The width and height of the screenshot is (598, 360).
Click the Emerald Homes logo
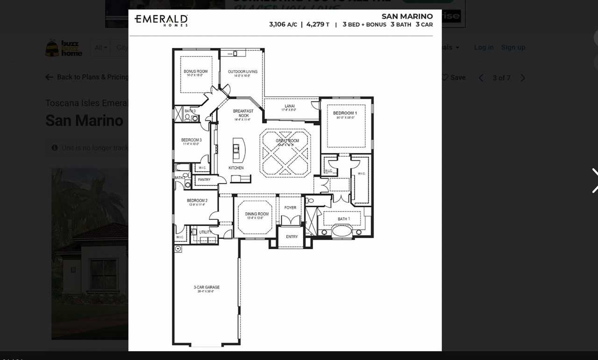click(x=161, y=20)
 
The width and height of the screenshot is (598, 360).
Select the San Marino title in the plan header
click(x=407, y=16)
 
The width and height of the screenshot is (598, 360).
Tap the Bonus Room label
click(x=196, y=72)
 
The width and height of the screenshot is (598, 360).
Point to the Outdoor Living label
click(x=242, y=72)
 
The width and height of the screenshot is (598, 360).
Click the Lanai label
click(x=290, y=106)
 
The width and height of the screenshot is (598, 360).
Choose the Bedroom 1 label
click(x=345, y=113)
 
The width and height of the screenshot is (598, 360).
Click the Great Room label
click(x=287, y=141)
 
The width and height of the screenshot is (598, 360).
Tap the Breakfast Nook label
click(x=243, y=113)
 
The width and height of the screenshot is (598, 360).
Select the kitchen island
click(x=238, y=150)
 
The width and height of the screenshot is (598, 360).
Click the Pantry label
click(x=204, y=180)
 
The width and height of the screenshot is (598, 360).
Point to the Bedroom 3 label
click(x=192, y=140)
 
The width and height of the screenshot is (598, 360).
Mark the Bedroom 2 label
click(x=197, y=201)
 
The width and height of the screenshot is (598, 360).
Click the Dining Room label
click(x=256, y=214)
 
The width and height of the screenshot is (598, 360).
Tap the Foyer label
click(x=290, y=208)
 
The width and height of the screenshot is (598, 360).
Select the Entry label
click(x=292, y=237)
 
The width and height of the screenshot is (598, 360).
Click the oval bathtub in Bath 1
click(x=342, y=231)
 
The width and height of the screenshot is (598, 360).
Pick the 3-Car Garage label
click(x=206, y=288)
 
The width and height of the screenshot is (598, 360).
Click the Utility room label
click(x=206, y=232)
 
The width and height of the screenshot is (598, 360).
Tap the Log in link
click(x=484, y=47)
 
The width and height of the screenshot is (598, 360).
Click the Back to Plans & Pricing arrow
click(x=50, y=77)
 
